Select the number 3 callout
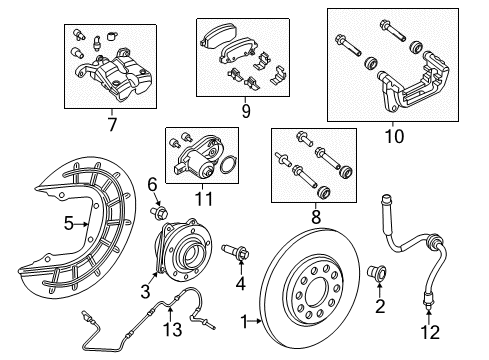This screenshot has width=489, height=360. pos(146,290)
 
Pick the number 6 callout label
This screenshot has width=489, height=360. pos(152,184)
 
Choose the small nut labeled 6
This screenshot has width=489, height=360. pos(159,213)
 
